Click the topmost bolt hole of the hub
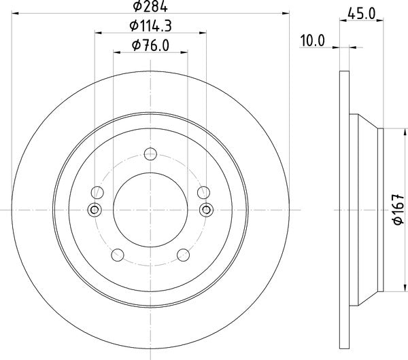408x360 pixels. tap(150, 154)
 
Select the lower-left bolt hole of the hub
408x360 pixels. tap(118, 255)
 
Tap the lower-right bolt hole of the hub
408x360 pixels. tap(183, 255)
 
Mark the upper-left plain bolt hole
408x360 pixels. tap(97, 193)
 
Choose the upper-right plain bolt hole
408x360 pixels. tap(203, 193)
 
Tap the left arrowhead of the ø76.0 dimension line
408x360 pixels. tap(116, 53)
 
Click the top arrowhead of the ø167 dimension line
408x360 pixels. tap(390, 131)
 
